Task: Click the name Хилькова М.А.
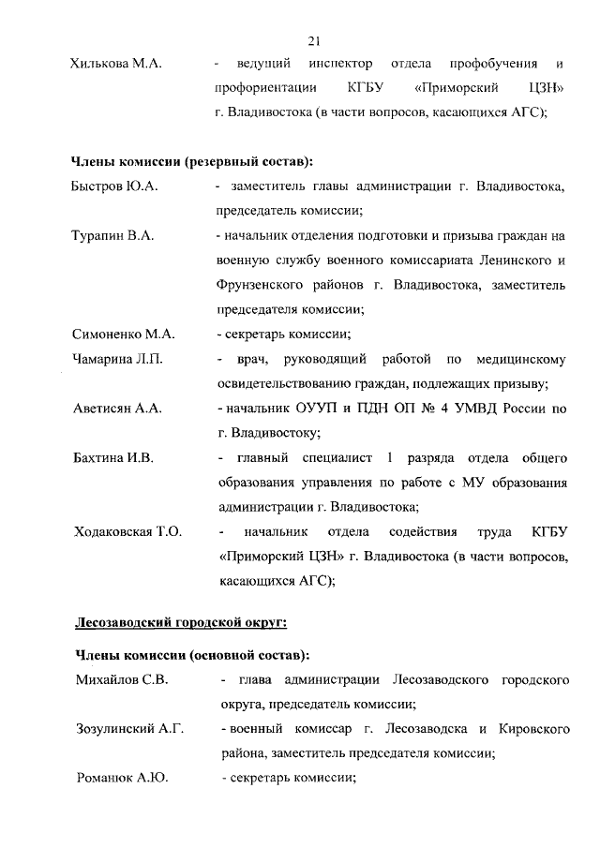click(x=116, y=64)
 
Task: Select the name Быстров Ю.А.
click(x=114, y=188)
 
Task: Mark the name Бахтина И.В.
click(x=113, y=458)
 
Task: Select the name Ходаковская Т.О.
click(x=127, y=532)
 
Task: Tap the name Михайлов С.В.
click(x=120, y=679)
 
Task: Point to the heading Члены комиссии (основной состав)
click(x=191, y=654)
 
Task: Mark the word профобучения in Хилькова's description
click(x=493, y=64)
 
